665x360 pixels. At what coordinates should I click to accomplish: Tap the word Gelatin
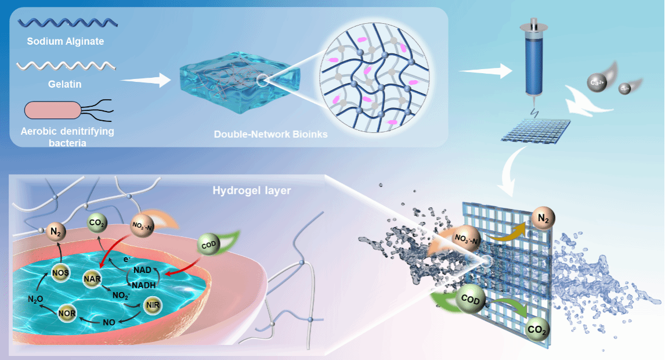(64, 84)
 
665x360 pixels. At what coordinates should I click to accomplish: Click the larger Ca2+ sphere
(596, 81)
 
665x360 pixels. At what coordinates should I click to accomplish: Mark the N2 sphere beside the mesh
(544, 219)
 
